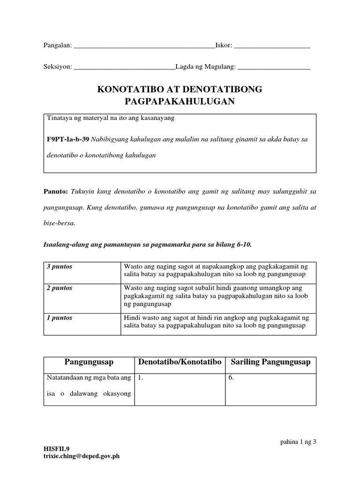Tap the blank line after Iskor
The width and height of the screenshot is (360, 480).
(271, 46)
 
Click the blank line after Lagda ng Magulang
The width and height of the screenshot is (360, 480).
(274, 68)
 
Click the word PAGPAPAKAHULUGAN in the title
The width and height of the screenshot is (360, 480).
(180, 101)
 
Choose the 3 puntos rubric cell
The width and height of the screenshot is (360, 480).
(82, 272)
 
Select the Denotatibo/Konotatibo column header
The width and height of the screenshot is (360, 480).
(180, 362)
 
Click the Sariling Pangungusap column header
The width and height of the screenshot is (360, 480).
(270, 362)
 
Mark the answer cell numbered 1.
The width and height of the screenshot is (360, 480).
(180, 389)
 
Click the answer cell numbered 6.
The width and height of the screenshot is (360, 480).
(270, 389)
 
